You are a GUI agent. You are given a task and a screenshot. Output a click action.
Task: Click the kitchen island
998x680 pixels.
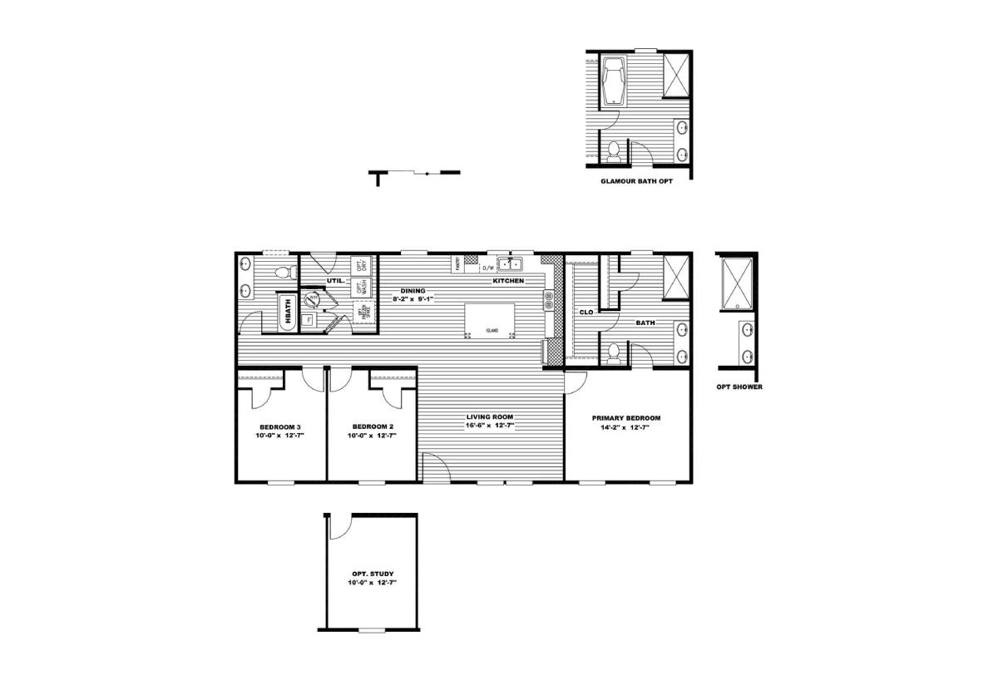coord(489,319)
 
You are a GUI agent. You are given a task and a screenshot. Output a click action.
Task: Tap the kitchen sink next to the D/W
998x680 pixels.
coord(509,265)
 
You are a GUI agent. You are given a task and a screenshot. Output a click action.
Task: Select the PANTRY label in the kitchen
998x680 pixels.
coord(457,264)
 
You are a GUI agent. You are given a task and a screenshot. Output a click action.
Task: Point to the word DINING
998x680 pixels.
coord(413,291)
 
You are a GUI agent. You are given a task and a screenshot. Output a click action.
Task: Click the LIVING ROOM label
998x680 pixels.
coord(490,416)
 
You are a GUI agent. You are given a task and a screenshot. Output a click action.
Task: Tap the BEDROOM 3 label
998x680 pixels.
coord(279,426)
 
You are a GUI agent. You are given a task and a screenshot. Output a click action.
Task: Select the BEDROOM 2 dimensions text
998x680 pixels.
coord(370,435)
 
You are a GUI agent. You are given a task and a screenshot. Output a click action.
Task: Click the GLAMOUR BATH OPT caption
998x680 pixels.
coord(637,180)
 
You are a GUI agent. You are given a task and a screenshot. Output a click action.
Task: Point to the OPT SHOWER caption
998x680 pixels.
coord(739,387)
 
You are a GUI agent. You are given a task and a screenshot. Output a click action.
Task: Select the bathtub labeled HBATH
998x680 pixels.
coord(287,313)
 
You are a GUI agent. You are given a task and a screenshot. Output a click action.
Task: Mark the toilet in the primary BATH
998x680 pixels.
coord(615,355)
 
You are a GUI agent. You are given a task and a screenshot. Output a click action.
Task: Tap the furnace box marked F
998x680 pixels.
coord(309,319)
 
